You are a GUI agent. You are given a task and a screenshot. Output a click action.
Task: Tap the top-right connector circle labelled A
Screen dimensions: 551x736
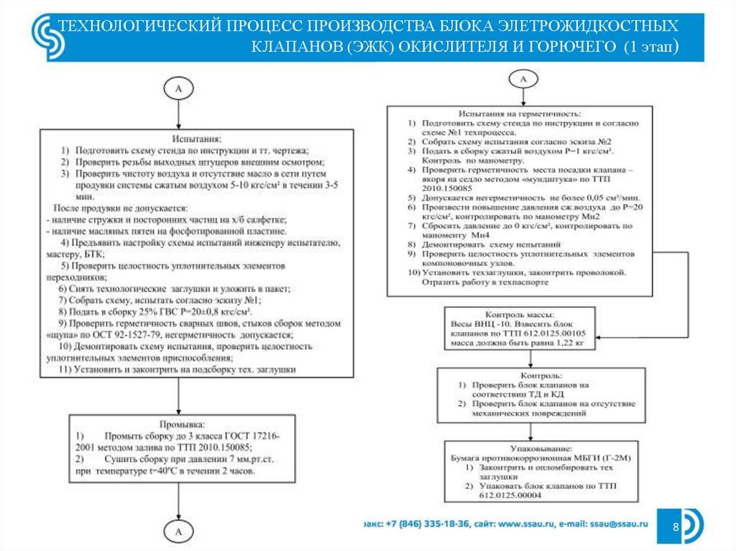tap(523, 78)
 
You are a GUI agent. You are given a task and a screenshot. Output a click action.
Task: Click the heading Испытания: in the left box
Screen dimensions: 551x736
tap(195, 137)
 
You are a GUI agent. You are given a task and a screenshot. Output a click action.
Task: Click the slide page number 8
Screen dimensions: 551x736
tap(676, 528)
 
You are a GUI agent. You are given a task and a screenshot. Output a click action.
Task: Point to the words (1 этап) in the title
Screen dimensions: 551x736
tap(650, 47)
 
